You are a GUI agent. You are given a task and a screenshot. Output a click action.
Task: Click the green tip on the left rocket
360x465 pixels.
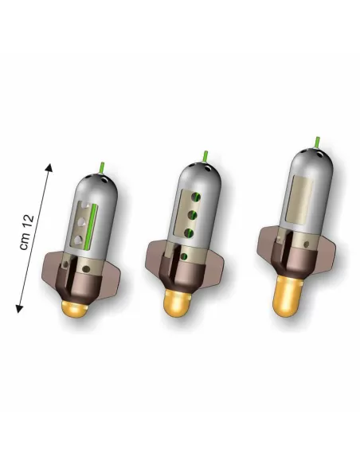(x=102, y=168)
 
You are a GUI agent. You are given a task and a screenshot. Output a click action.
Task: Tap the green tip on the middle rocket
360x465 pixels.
(x=205, y=157)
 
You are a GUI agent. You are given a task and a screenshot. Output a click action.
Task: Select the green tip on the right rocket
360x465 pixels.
(x=317, y=142)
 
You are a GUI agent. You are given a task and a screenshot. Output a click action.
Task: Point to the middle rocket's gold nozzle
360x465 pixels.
(x=176, y=303)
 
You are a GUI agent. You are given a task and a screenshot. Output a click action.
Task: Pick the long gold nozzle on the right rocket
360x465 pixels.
(x=287, y=296)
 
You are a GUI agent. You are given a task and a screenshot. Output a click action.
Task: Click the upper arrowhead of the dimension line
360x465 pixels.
(x=49, y=167)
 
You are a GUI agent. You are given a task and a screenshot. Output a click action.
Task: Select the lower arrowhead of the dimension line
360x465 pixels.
(x=19, y=309)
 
